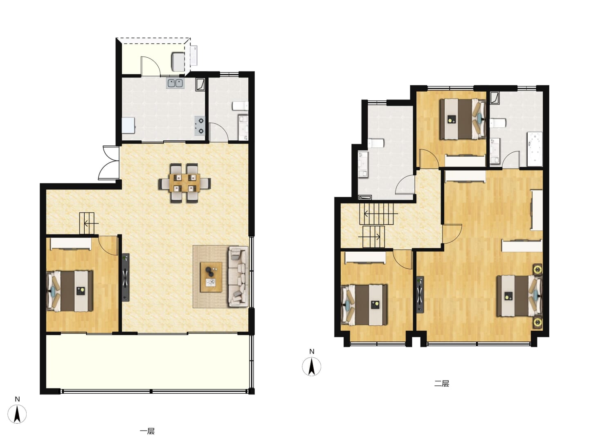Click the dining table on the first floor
[184, 183]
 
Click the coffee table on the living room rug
[211, 277]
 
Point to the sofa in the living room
[238, 277]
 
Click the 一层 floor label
[147, 431]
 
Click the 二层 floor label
[442, 383]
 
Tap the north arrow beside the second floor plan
[311, 366]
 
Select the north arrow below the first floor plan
[17, 414]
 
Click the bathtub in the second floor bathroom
[535, 149]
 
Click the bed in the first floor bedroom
[70, 291]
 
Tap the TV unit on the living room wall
[126, 277]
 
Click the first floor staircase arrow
[91, 223]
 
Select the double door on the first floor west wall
[109, 162]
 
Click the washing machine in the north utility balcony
[178, 62]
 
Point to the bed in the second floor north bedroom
[463, 119]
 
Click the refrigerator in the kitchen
[128, 125]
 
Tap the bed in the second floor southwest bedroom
[364, 305]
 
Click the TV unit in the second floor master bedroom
[420, 295]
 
